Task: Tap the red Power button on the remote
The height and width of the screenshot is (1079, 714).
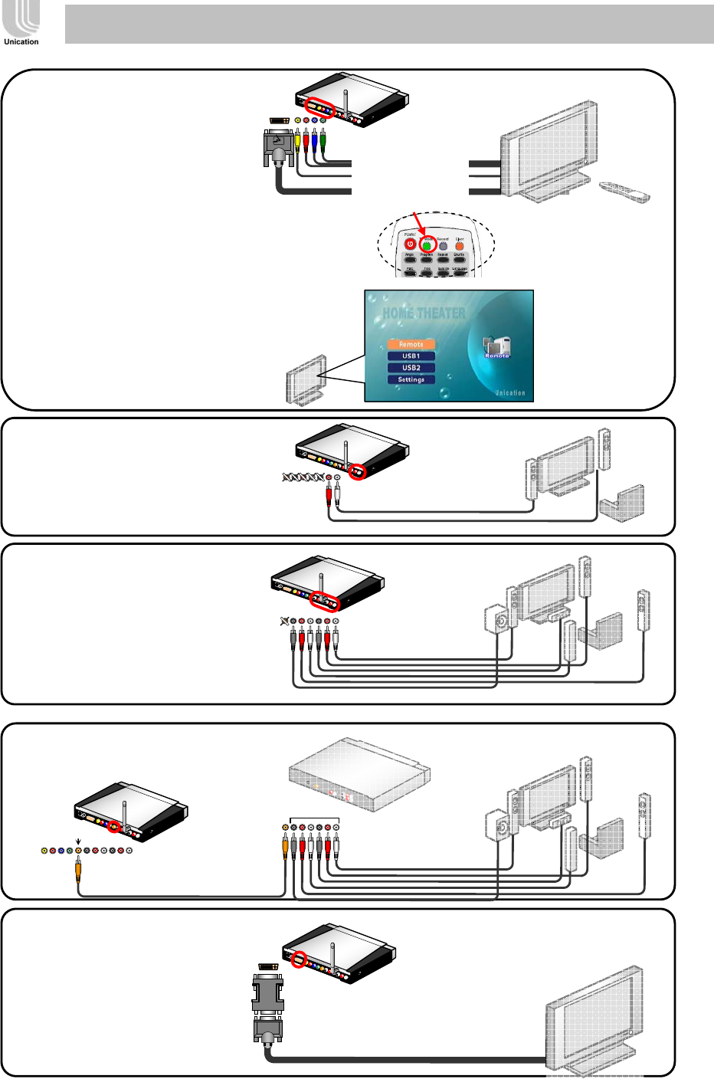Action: (x=410, y=244)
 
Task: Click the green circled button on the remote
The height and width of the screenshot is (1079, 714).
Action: (x=427, y=245)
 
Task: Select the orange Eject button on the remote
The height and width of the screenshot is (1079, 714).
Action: (x=459, y=246)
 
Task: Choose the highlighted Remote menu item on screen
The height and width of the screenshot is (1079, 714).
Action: (x=411, y=344)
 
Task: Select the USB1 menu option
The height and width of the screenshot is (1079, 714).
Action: (x=411, y=356)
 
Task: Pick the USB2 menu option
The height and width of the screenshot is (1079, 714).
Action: (x=411, y=368)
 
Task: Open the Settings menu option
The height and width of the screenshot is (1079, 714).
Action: (x=411, y=379)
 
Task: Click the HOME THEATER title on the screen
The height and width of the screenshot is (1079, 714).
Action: (x=424, y=313)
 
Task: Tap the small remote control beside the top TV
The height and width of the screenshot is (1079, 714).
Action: (x=624, y=192)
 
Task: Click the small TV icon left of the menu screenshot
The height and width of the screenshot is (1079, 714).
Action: (x=306, y=379)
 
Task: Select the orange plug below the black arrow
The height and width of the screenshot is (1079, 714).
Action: (x=78, y=870)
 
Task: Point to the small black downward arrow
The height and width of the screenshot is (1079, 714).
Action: (x=78, y=841)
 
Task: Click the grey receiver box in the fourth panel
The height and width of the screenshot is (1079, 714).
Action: (x=359, y=774)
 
